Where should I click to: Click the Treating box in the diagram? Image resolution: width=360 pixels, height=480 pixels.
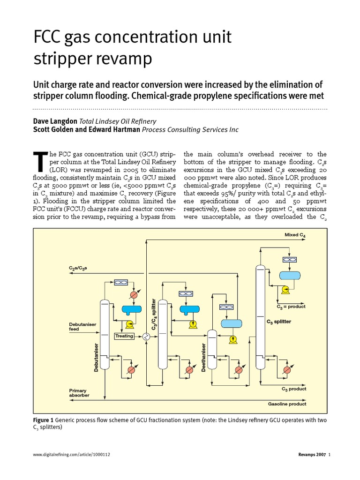[x=124, y=336]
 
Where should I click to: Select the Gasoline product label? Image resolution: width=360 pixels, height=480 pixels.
[x=287, y=404]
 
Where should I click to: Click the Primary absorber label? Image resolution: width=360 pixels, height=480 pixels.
[x=78, y=393]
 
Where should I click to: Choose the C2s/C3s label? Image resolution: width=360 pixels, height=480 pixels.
[x=78, y=268]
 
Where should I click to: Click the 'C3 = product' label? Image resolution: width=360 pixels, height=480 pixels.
[x=291, y=307]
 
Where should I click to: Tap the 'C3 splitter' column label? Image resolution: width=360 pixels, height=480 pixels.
[x=279, y=322]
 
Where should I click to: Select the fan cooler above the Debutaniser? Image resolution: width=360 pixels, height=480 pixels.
[x=122, y=282]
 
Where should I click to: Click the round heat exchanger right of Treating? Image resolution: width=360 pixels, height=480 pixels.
[x=146, y=336]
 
